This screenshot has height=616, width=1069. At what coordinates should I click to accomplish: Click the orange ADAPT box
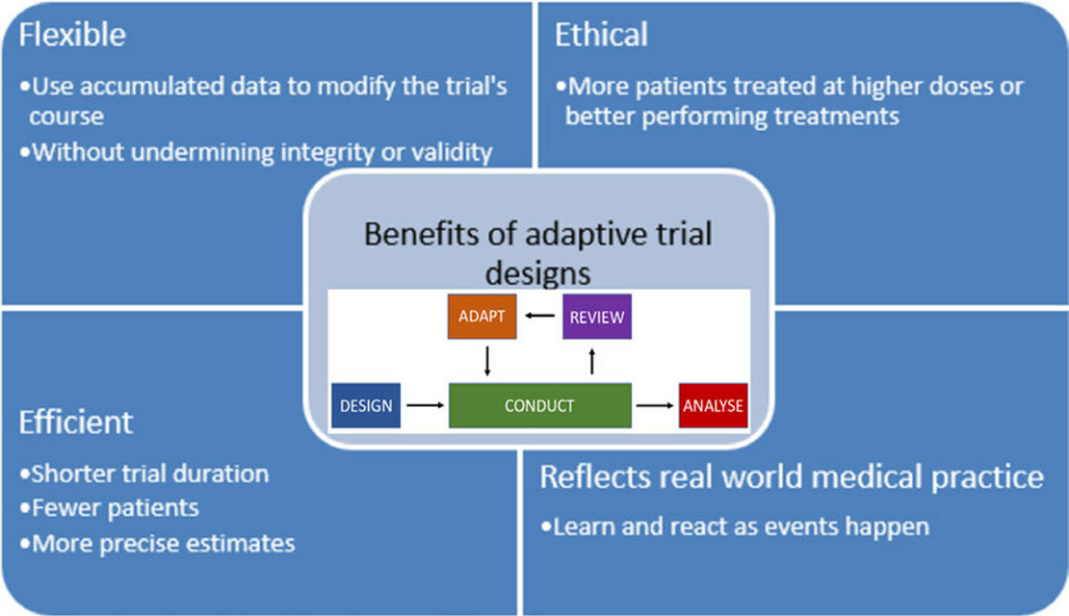[x=482, y=316]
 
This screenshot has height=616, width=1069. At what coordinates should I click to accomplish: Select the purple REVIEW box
[x=597, y=316]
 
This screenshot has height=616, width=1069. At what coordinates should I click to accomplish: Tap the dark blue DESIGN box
[x=366, y=405]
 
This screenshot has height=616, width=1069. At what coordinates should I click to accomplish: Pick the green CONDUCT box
[x=540, y=405]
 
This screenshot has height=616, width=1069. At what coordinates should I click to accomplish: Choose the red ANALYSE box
[x=713, y=405]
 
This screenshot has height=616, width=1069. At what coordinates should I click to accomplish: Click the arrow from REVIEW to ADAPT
[x=540, y=316]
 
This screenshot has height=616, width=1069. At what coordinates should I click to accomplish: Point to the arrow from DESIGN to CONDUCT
[x=426, y=405]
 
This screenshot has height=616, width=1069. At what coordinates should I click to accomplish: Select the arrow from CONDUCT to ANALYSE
[x=655, y=405]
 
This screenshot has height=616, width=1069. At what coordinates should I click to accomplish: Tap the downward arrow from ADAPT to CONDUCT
[x=487, y=361]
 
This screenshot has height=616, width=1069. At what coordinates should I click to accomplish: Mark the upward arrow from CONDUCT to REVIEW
[x=591, y=361]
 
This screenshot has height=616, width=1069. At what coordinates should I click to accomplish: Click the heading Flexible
[x=72, y=35]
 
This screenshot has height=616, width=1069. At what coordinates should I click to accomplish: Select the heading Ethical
[x=601, y=35]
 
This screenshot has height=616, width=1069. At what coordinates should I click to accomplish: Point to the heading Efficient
[x=76, y=423]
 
